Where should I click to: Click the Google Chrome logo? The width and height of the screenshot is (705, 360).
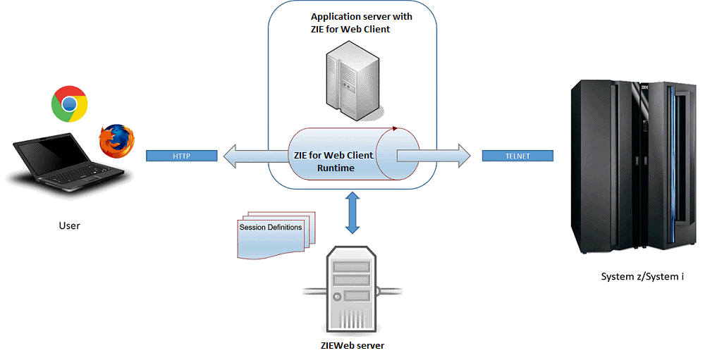coord(69,104)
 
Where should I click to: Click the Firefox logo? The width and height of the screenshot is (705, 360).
coord(117,140)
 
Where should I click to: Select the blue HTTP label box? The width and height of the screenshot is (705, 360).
coord(181,156)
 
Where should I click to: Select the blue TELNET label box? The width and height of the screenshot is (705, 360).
coord(517,156)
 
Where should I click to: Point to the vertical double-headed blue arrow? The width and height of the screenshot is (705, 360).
coord(352,212)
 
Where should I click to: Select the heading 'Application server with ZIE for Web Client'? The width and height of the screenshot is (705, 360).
coord(362,23)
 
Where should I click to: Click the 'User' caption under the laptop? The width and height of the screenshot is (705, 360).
coord(69,225)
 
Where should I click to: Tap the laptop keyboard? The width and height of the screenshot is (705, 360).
coord(78,176)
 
